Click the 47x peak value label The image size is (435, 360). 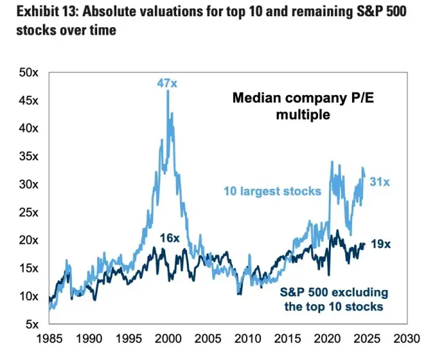(x=167, y=83)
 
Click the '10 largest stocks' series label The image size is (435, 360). (x=272, y=191)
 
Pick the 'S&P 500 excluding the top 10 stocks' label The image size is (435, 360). (x=335, y=299)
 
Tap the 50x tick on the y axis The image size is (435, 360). (x=27, y=72)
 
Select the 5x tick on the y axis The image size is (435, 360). (x=30, y=324)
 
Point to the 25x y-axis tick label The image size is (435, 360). (x=27, y=212)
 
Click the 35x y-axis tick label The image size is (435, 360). (x=27, y=156)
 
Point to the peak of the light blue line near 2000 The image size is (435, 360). (x=167, y=91)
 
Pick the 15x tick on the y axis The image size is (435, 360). (x=27, y=268)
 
